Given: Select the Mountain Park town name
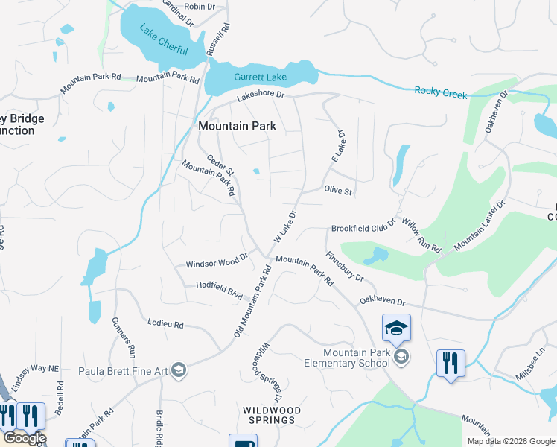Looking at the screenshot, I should pyautogui.click(x=237, y=126).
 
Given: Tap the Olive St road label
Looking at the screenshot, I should pyautogui.click(x=338, y=191).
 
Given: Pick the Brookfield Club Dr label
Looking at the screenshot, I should pyautogui.click(x=361, y=229).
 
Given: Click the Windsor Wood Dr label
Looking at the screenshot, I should pyautogui.click(x=217, y=262).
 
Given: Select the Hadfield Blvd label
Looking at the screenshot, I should pyautogui.click(x=220, y=290).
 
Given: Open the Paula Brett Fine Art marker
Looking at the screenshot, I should pyautogui.click(x=178, y=370).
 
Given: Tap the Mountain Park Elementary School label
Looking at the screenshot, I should pyautogui.click(x=357, y=358).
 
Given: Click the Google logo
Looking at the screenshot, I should pyautogui.click(x=24, y=439).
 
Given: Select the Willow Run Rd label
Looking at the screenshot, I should pyautogui.click(x=421, y=234).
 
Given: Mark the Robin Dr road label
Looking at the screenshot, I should pyautogui.click(x=200, y=6).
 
